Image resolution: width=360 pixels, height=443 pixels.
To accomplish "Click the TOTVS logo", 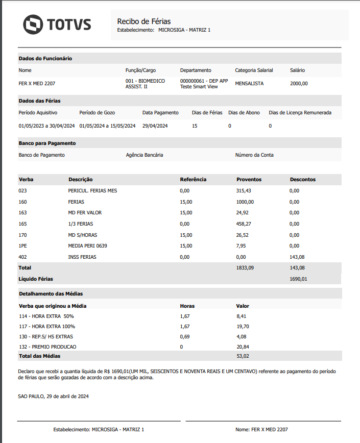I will point(57,24).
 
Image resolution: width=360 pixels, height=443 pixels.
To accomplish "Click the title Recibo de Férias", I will point(144,21).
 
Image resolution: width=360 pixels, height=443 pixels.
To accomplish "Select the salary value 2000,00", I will point(299,83).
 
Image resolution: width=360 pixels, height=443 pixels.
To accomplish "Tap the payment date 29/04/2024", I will point(155,126).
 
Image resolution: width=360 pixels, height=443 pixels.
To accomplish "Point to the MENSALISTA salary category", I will point(249,83).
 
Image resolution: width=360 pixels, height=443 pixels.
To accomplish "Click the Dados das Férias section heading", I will point(39,101).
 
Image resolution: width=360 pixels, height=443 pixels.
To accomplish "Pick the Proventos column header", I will point(249,180).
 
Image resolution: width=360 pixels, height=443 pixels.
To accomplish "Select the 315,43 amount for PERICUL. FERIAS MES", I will point(244,191).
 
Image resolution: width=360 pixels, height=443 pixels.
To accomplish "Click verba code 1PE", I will point(23,246).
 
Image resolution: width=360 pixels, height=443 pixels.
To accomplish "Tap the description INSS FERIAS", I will point(82,257).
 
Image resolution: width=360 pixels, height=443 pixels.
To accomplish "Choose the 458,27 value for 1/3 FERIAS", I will point(244,224).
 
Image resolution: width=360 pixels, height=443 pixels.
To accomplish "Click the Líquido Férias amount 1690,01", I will point(298,279).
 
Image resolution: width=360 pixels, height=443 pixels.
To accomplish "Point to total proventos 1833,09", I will point(245,268).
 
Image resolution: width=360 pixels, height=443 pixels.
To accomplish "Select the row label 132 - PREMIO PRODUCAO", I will point(47,347).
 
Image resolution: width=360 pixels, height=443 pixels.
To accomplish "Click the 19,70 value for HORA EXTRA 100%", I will point(242,326).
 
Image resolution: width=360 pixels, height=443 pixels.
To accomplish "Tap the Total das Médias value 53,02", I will point(243,356).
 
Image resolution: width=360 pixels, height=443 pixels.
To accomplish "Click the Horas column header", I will point(187,306).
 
